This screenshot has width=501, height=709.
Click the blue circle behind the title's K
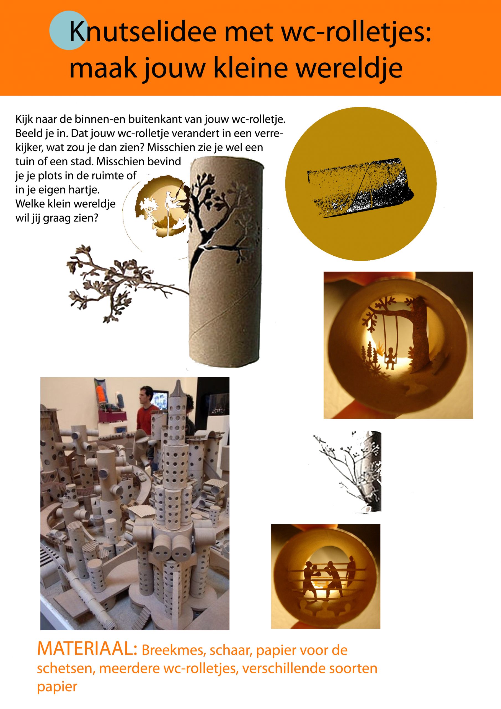tap(68, 30)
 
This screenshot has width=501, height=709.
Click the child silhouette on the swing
tap(391, 357)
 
